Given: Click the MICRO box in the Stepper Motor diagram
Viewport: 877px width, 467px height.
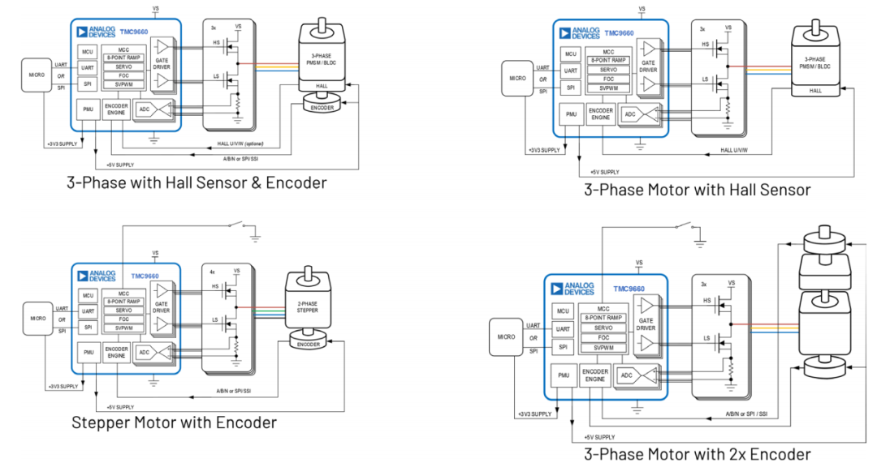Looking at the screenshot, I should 38,318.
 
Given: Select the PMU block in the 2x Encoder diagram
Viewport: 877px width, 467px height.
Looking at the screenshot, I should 564,375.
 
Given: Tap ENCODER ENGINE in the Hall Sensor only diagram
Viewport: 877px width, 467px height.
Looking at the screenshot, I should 600,114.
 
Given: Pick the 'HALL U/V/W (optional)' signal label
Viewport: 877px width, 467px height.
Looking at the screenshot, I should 247,144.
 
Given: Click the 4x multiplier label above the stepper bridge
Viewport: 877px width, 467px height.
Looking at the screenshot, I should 213,271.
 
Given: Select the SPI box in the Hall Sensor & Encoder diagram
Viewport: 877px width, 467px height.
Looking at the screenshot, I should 88,84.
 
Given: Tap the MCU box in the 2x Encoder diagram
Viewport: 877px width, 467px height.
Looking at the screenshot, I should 563,311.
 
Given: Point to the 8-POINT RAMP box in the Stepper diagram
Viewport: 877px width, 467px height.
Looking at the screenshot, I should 123,302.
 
